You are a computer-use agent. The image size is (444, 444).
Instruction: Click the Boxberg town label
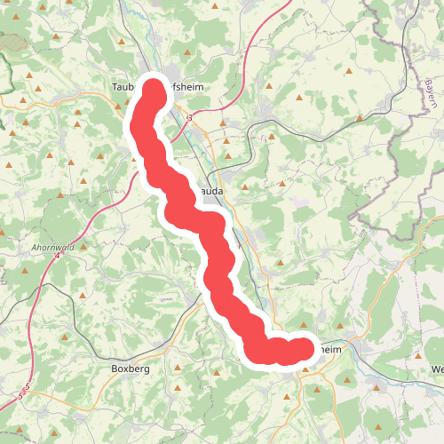click(130, 369)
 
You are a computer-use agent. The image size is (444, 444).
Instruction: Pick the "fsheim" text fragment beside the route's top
click(187, 86)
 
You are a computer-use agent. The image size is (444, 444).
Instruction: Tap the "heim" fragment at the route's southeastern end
click(329, 350)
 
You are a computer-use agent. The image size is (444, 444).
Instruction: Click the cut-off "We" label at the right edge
click(436, 369)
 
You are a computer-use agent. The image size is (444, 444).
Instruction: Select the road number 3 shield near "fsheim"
click(189, 116)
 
